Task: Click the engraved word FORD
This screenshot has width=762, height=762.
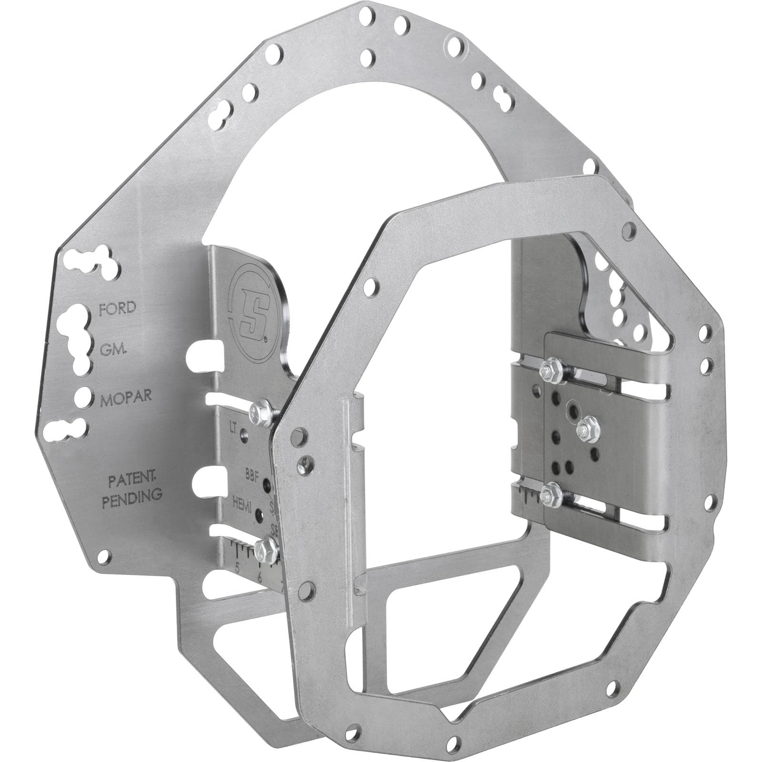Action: (x=117, y=308)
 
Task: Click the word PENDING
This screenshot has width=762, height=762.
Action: (x=133, y=494)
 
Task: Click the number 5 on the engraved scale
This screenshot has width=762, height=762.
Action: (x=237, y=567)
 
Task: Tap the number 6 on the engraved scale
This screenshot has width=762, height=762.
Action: (x=260, y=577)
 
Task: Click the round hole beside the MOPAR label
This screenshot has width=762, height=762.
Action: (x=82, y=395)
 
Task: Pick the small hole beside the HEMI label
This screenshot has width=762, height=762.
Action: (x=259, y=514)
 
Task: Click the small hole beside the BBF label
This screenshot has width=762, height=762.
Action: (x=268, y=487)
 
